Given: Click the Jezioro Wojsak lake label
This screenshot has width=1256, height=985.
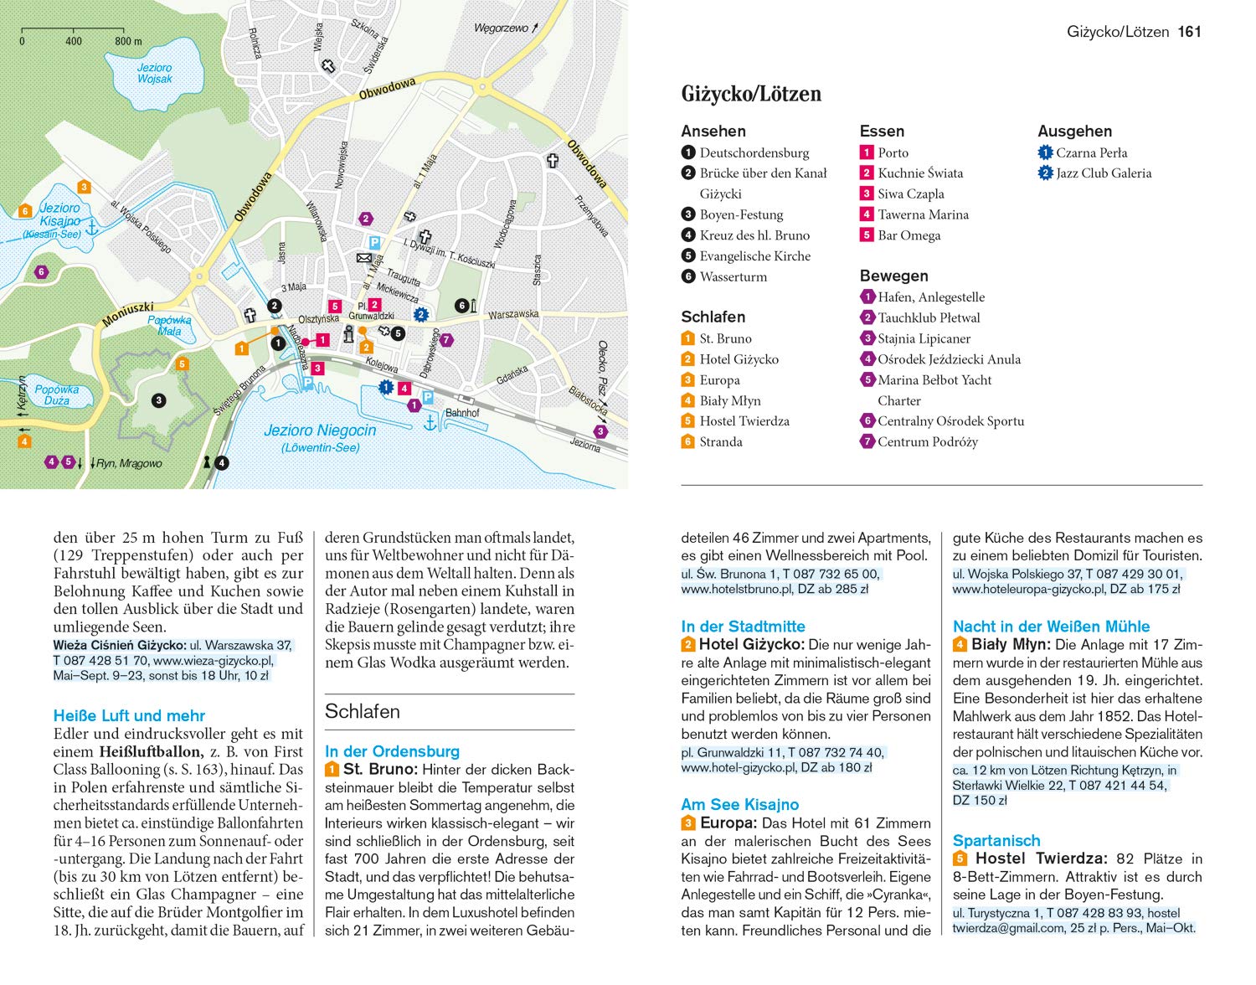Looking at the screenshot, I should pos(154,74).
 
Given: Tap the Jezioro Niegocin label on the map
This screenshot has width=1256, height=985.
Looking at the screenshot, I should pos(320,431).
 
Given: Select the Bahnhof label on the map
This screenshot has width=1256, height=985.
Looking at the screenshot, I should pos(462,413).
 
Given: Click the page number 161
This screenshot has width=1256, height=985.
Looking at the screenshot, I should pos(1189,32).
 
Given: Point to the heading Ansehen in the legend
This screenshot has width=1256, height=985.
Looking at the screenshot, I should pos(713,132).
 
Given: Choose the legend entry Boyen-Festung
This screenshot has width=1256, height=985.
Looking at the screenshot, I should pos(741,214).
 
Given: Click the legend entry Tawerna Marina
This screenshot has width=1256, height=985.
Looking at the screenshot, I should pos(923,214).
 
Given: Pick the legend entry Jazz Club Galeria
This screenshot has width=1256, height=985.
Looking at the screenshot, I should pos(1103,173).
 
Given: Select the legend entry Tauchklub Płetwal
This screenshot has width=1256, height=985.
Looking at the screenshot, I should pos(928,317).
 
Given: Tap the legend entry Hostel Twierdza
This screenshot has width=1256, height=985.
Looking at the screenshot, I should pos(744,421).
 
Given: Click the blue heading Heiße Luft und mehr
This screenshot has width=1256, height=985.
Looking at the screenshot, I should pos(129,716).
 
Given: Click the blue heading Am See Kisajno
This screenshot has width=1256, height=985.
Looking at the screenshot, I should pos(740,805).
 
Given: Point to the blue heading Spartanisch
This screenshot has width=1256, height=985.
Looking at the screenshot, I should pos(996,841).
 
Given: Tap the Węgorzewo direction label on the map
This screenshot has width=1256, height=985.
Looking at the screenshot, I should pos(502,28).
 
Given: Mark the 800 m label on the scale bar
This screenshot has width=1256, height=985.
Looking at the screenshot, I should pos(128,41).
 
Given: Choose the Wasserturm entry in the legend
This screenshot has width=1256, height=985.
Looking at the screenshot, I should pos(733,276).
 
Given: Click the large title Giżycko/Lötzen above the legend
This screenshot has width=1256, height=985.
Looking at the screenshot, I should pos(751,94).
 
